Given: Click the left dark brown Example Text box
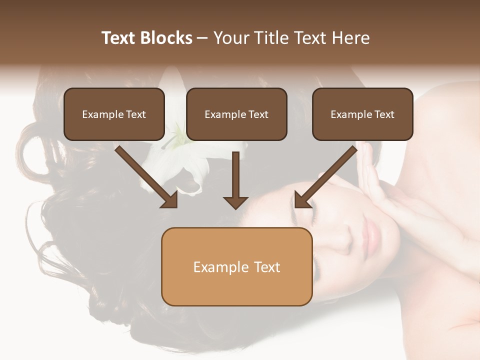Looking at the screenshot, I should point(114,114).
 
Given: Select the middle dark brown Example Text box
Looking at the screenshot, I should point(236,114).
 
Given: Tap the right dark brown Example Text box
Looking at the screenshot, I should point(362,114).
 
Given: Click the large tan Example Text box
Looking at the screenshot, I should point(236,266).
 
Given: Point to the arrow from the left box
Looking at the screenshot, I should point(145,175).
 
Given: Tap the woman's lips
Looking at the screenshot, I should point(372,231).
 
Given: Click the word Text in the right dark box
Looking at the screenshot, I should point(384,114).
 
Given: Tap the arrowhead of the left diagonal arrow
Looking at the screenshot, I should point(170,200).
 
